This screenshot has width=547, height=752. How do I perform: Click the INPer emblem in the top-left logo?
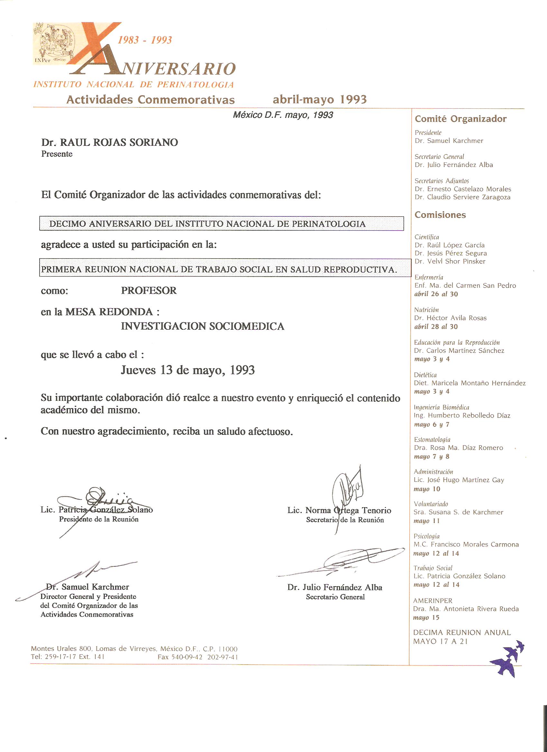53,43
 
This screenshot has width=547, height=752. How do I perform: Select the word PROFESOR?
149,290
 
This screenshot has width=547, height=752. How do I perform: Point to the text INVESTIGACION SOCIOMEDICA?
202,326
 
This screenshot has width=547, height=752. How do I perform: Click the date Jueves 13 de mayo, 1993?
187,370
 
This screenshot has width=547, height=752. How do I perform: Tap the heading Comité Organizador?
460,119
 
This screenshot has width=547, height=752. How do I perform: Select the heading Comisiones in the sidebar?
440,215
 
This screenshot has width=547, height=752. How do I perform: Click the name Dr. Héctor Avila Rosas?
450,318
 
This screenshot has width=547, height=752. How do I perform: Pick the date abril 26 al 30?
436,294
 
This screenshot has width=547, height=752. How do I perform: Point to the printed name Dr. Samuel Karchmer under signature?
88,587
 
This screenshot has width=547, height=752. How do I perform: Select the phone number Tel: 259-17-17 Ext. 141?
68,657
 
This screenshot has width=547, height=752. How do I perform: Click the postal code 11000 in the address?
228,649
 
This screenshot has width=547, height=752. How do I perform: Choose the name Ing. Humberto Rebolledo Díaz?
462,416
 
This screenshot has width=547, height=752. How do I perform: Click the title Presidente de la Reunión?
98,519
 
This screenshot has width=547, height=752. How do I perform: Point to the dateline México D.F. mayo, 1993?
283,115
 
